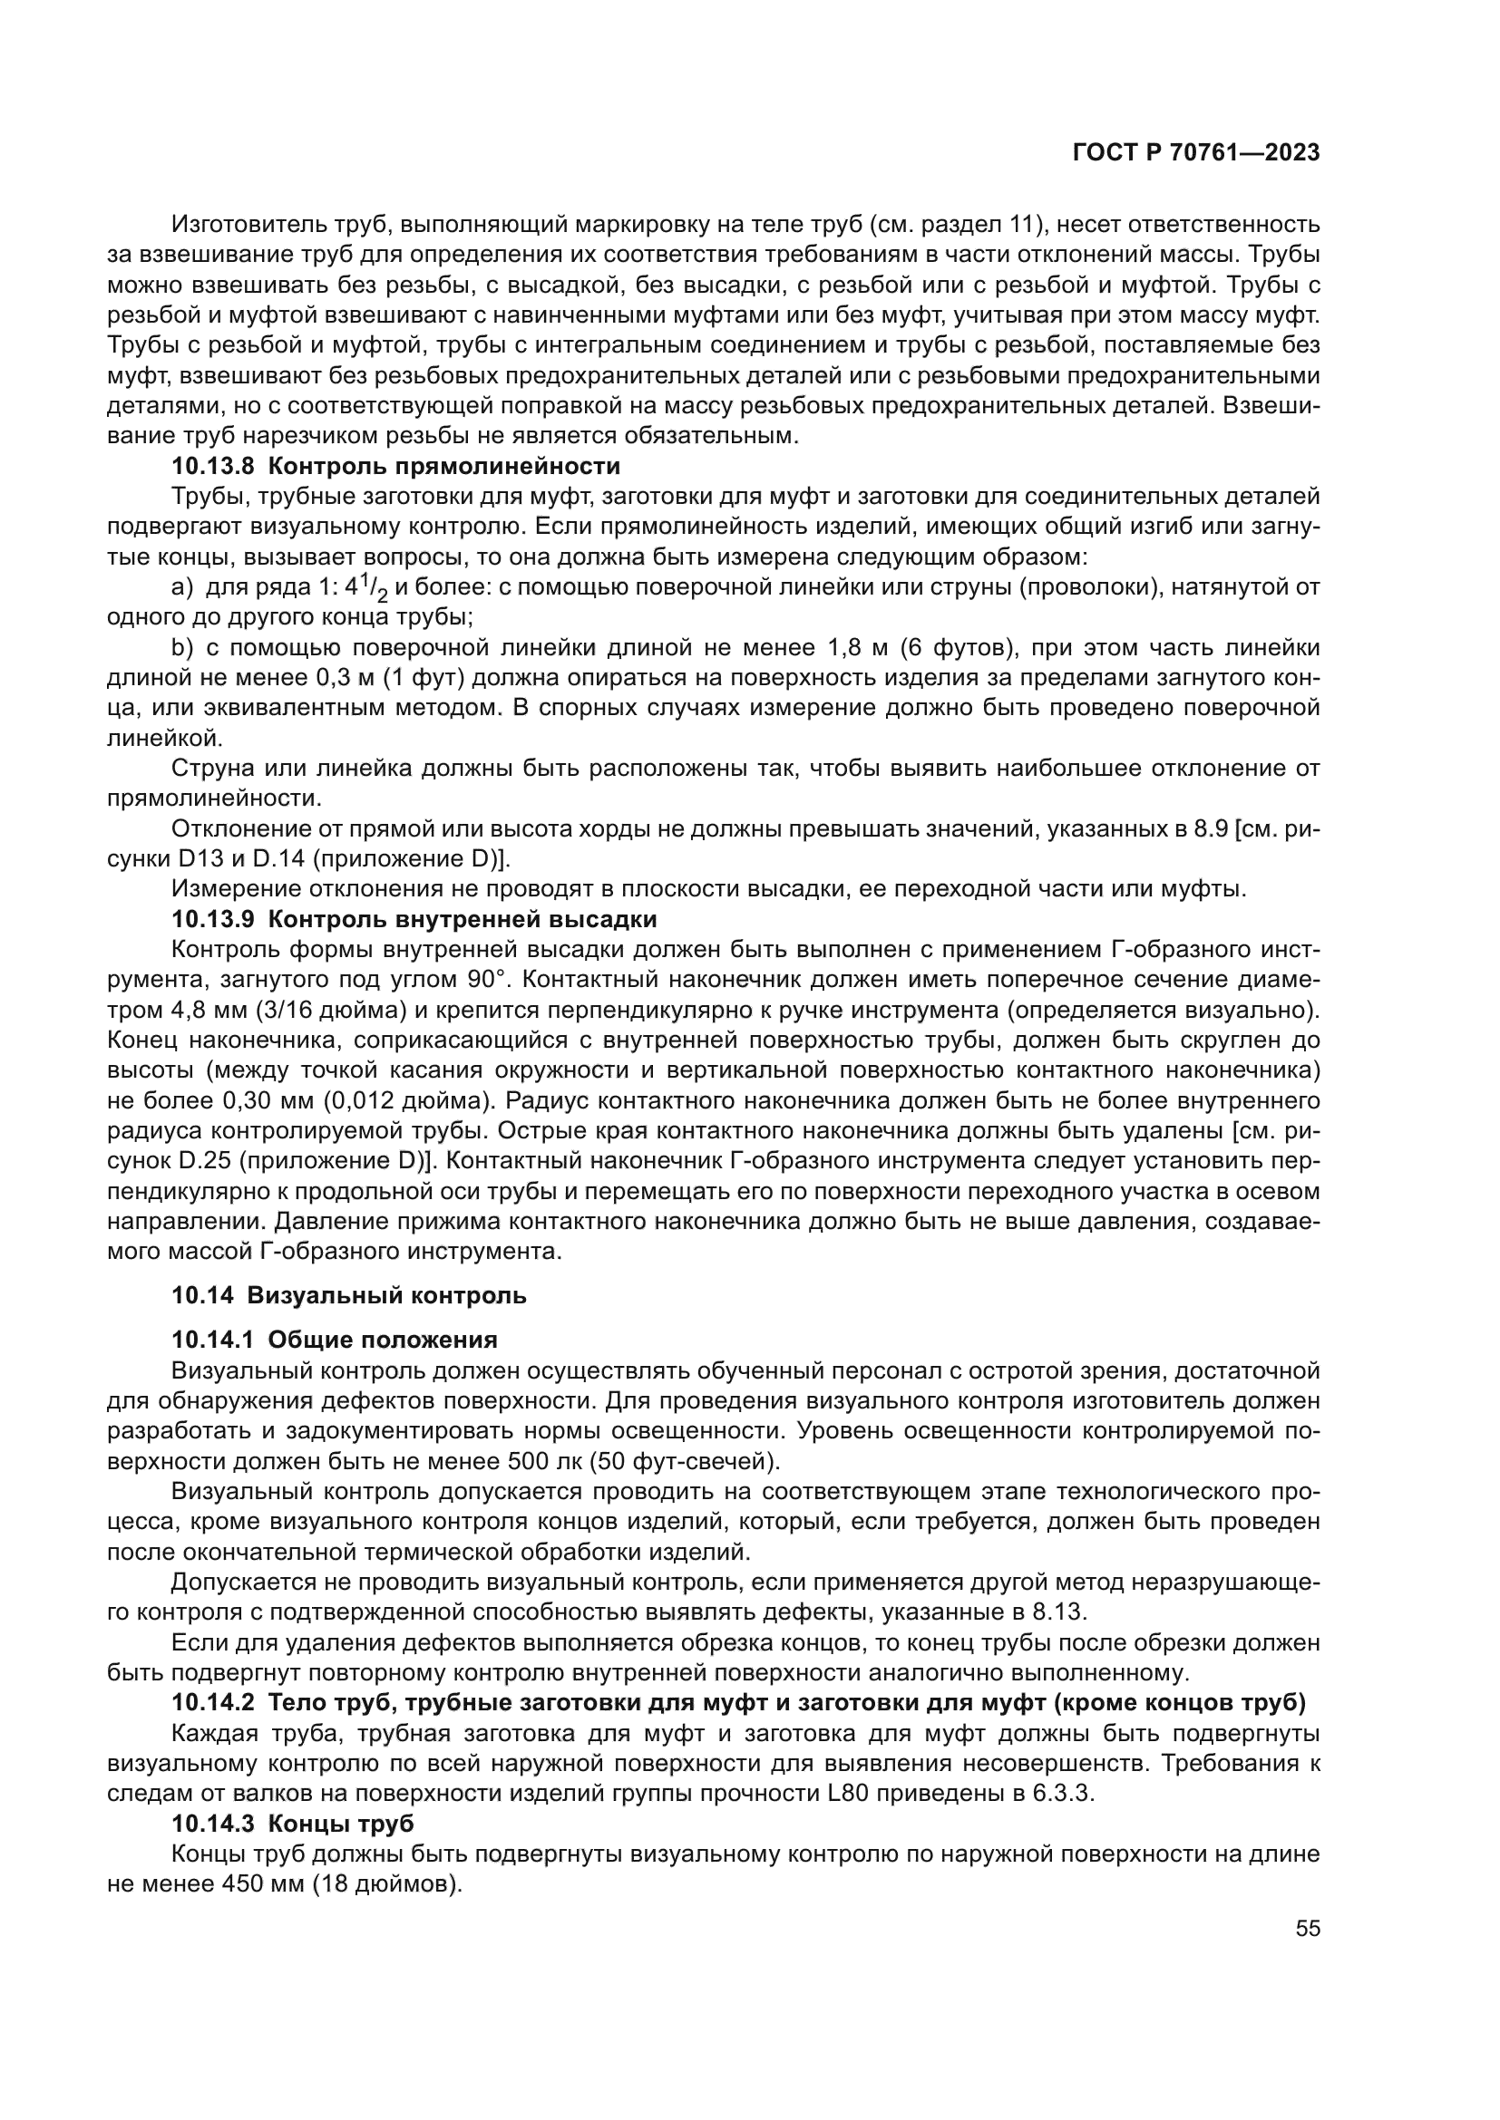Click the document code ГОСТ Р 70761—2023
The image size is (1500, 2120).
[x=1195, y=153]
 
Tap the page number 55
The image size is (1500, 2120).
[x=1307, y=1929]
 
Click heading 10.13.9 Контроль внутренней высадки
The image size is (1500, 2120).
[x=414, y=920]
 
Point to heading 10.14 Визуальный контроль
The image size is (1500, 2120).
[x=349, y=1295]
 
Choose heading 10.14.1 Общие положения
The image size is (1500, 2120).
[x=335, y=1340]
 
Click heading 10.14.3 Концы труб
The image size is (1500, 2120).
[x=293, y=1824]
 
